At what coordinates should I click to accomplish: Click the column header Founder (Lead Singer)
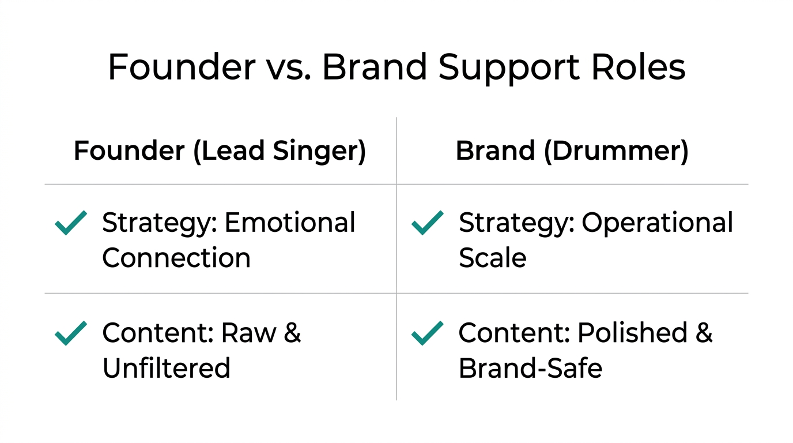click(220, 151)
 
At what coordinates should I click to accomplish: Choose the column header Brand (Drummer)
click(572, 151)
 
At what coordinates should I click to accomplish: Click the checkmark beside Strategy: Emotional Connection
click(71, 223)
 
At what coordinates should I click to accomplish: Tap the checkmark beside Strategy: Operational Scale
click(428, 223)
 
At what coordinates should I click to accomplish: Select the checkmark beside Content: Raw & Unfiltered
click(71, 333)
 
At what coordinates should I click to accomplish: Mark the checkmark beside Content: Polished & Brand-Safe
click(428, 333)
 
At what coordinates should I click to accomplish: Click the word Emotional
click(290, 223)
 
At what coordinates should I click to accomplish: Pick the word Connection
click(176, 258)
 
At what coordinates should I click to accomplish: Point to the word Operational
click(657, 223)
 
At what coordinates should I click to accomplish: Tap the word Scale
click(492, 258)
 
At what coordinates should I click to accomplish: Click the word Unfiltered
click(166, 368)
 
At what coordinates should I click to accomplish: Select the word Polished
click(632, 333)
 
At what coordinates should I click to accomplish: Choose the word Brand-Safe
click(530, 368)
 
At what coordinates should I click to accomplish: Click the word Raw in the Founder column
click(248, 333)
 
